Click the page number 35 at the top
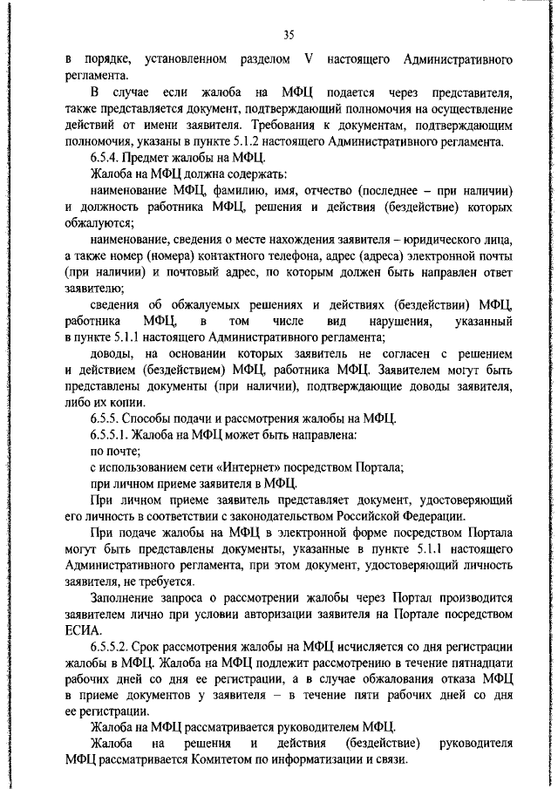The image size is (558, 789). tap(289, 35)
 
